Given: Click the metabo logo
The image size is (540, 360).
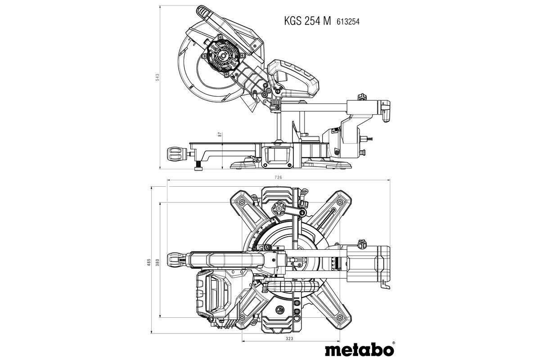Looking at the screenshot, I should [358, 349].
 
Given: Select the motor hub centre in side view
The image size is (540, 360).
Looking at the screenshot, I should [222, 54].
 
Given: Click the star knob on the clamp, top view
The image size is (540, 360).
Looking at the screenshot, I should [278, 208].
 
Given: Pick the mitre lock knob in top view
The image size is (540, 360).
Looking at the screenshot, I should [175, 260].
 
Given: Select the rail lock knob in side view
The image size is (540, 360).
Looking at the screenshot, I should [361, 97].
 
